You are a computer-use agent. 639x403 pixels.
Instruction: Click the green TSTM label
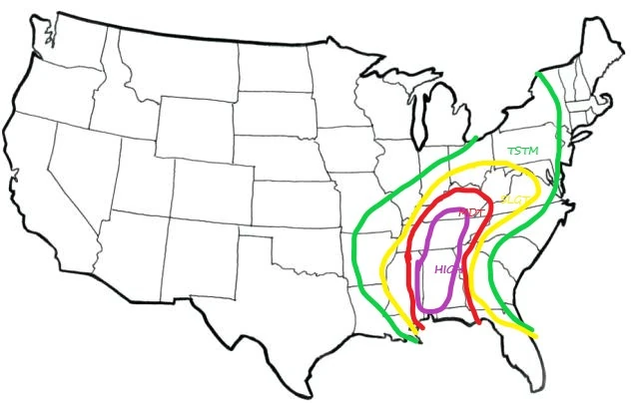point(522,151)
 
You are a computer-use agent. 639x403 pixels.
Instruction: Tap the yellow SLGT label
point(515,201)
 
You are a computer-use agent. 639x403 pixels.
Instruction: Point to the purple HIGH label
point(446,268)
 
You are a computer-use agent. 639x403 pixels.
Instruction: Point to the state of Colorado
point(215,190)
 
